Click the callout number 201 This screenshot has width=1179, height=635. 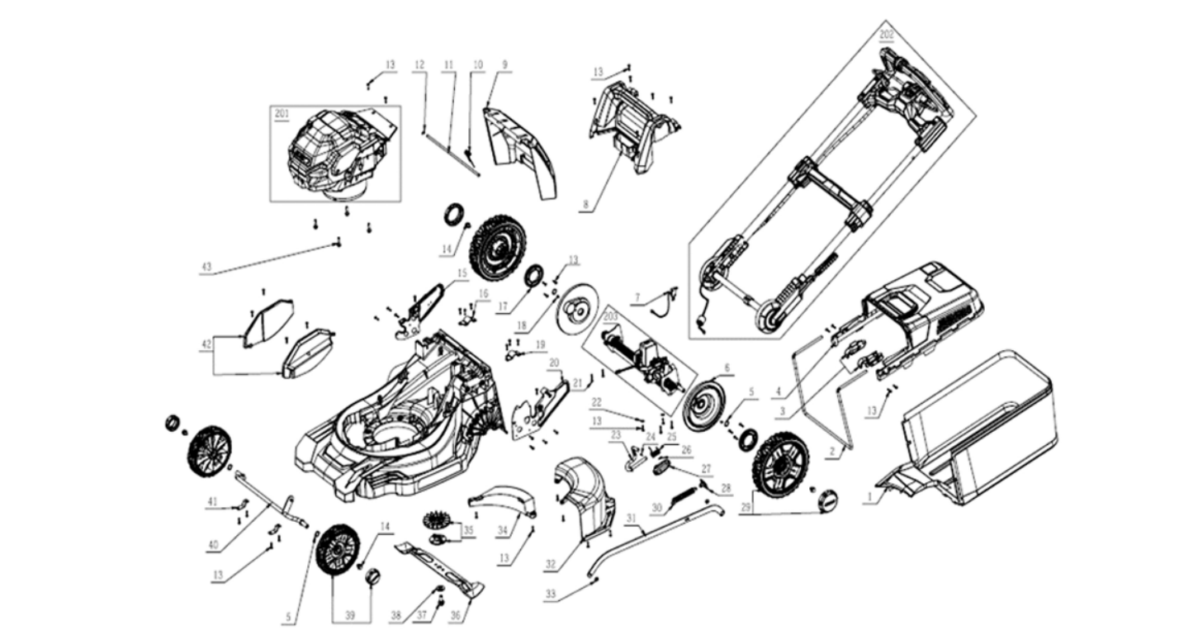(282, 114)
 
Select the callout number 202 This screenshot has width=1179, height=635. (886, 35)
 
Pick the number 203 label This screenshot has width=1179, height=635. (610, 316)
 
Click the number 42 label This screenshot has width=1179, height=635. (206, 344)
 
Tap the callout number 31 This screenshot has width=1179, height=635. (632, 519)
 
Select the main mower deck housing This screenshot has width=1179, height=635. (396, 421)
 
